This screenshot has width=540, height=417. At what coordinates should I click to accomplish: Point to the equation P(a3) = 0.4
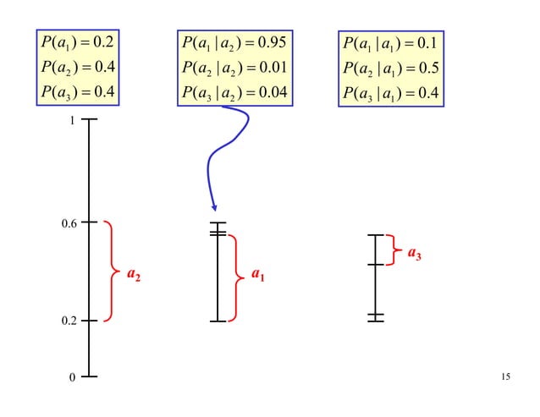click(x=81, y=91)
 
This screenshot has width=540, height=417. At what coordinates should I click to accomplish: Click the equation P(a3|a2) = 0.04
click(x=234, y=91)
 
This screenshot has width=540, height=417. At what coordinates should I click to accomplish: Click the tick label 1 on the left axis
click(x=72, y=120)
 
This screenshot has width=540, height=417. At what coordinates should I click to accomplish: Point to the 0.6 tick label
click(x=68, y=223)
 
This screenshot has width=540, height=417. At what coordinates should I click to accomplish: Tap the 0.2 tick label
click(x=68, y=321)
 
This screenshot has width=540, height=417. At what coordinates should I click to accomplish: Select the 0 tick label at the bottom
click(x=72, y=377)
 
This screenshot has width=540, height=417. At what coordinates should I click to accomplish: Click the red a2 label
click(x=134, y=274)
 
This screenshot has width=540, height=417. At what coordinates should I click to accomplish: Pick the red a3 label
click(x=414, y=252)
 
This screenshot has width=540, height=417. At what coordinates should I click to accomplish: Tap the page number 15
click(x=505, y=376)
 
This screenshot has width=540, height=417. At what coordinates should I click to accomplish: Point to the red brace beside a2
click(x=113, y=272)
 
